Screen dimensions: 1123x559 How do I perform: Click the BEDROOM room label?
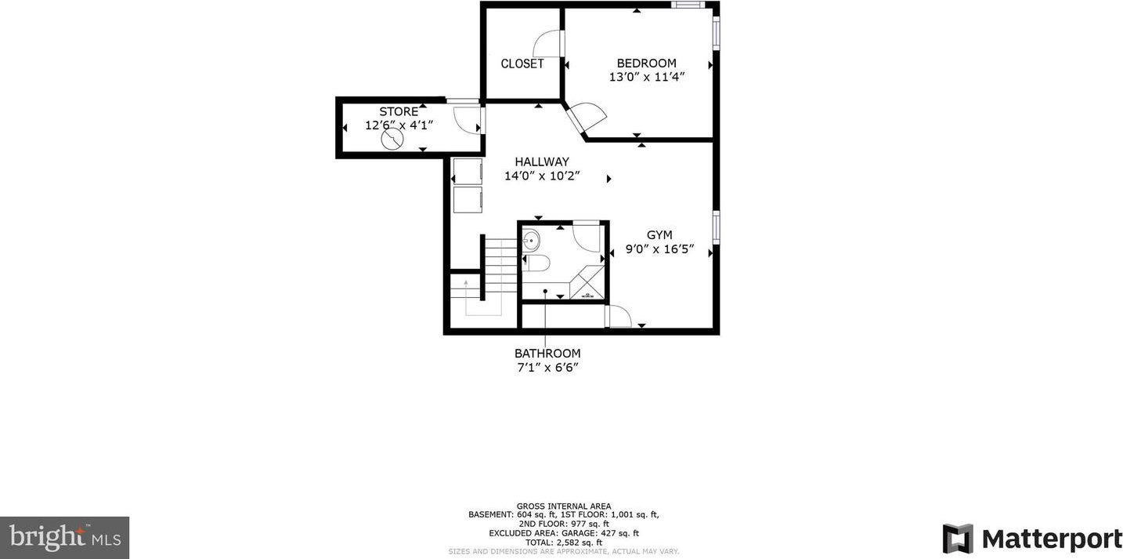pos(646,64)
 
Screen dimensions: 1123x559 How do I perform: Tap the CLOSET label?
pos(522,64)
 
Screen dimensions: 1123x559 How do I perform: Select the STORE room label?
pos(399,111)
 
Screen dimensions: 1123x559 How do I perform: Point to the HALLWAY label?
pos(542,162)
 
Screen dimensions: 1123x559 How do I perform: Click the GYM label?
pos(659,235)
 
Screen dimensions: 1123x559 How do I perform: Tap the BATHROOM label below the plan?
pos(547,354)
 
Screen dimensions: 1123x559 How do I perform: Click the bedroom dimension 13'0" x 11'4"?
pos(647,78)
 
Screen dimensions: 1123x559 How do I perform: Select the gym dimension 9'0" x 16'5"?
pos(659,249)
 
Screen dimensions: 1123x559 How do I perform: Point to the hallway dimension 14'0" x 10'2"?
pos(542,176)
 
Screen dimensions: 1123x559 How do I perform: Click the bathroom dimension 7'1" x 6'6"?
pos(547,368)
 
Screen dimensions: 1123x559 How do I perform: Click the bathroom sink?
pos(530,241)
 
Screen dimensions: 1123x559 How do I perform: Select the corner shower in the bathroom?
pos(587,284)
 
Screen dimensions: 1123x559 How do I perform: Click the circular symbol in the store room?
pos(392,139)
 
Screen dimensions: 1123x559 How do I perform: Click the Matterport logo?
pos(1031,539)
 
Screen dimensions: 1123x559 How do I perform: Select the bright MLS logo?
pos(65,538)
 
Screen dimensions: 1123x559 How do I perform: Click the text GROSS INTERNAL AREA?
pos(564,506)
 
